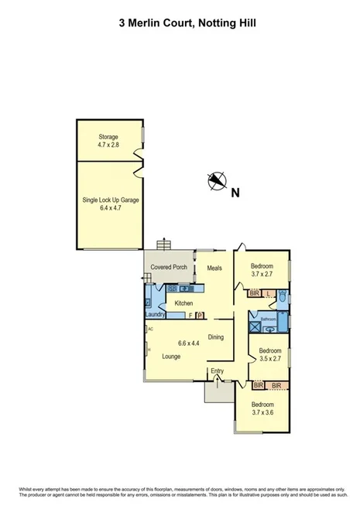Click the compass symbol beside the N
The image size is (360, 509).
coord(216,181)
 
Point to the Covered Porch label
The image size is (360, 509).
coord(169,268)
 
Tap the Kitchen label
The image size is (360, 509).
coord(183,303)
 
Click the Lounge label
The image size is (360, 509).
coord(172,357)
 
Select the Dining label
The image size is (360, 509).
coord(216,337)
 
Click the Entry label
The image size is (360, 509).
coord(218,372)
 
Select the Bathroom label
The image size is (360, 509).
coord(268,319)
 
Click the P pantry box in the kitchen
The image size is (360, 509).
coord(200,316)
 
